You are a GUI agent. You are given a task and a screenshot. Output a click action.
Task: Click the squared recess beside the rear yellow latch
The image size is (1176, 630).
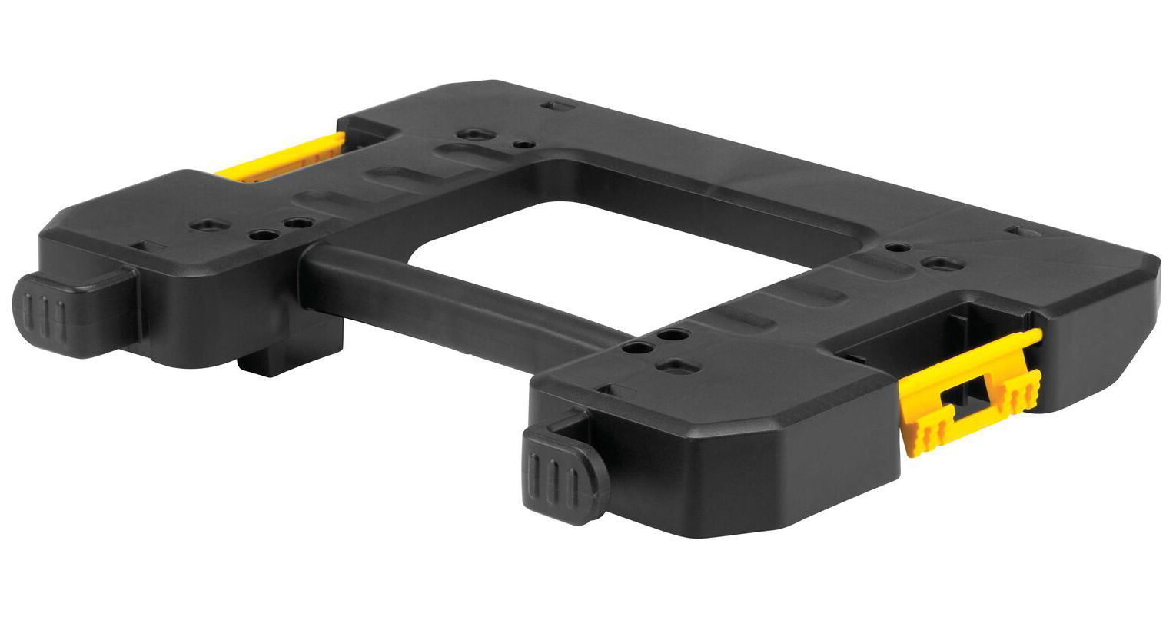pos(468,134)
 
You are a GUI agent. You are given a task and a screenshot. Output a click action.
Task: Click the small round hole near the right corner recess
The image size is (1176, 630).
pos(893,247)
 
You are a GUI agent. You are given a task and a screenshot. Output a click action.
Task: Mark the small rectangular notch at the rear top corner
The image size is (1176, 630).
pos(551,104)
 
